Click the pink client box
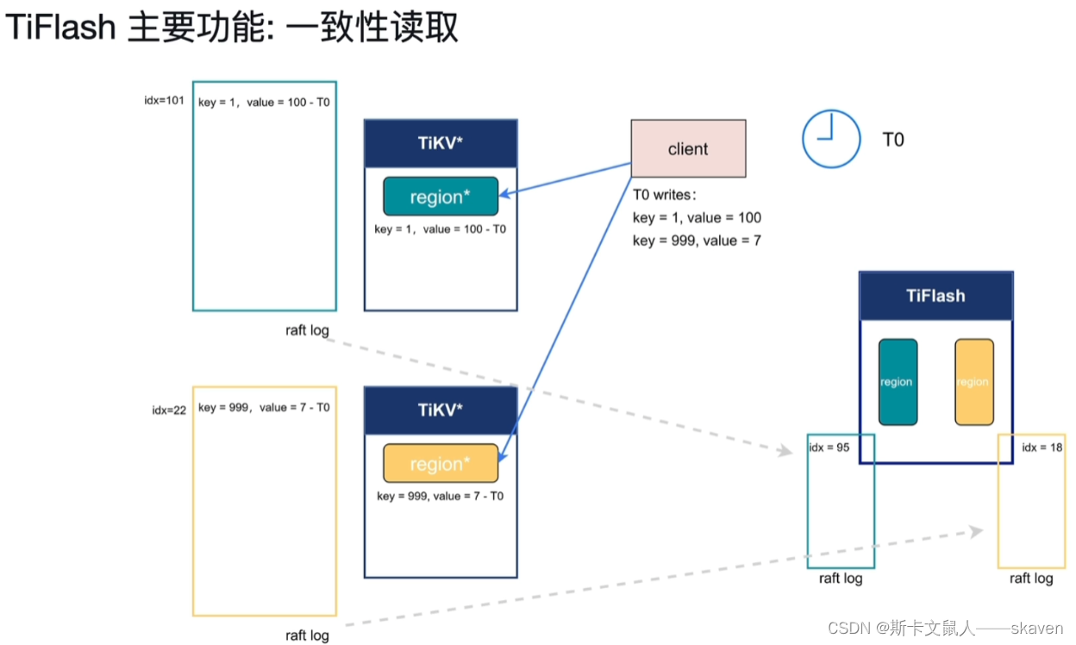tap(688, 149)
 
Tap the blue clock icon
tap(831, 139)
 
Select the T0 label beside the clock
tap(893, 140)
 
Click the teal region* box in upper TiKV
tap(441, 197)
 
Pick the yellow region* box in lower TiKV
tap(441, 464)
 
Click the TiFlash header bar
tap(935, 296)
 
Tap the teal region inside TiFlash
tap(897, 382)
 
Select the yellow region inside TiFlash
tap(973, 382)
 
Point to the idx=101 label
tap(164, 101)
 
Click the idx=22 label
tap(169, 410)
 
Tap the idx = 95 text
tap(830, 448)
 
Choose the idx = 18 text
tap(1042, 448)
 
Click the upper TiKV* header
tap(441, 143)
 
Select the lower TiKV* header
tap(441, 410)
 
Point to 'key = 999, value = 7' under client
tap(697, 241)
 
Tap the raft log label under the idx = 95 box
tap(841, 578)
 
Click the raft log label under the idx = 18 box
tap(1031, 578)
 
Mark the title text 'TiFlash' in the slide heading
tap(60, 28)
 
